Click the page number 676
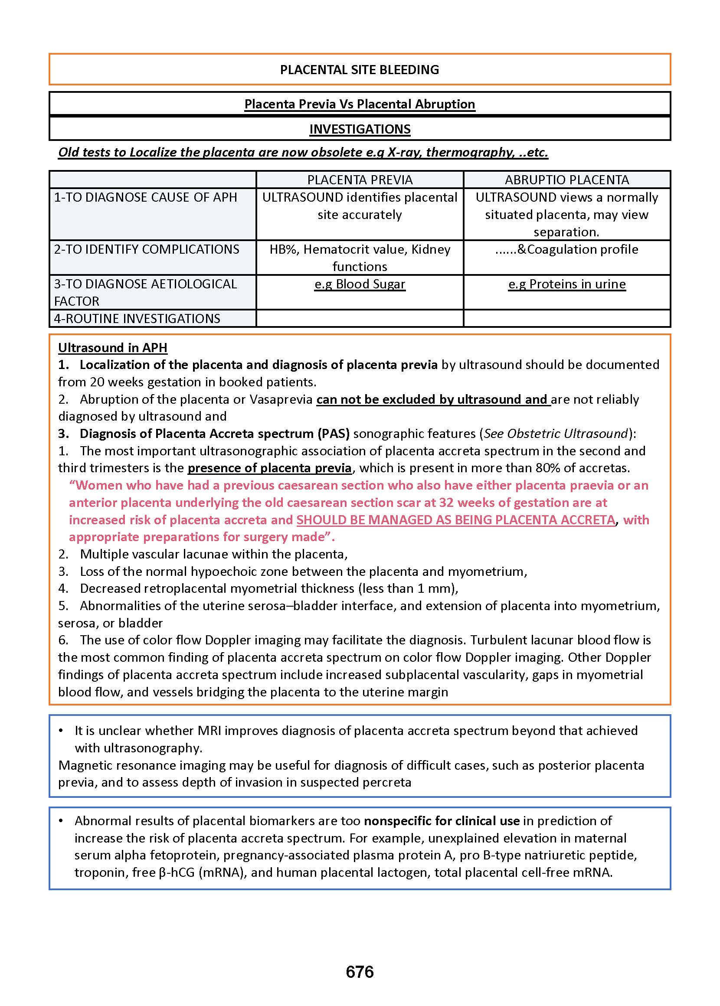click(360, 972)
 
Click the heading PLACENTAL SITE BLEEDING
click(360, 69)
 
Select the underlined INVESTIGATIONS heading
click(360, 129)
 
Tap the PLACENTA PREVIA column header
click(360, 180)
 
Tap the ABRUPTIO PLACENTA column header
click(566, 180)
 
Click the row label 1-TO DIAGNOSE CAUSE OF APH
click(145, 197)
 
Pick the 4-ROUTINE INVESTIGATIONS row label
click(137, 318)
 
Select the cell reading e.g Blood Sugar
click(360, 284)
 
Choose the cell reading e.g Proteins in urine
click(566, 284)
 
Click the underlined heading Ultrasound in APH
click(113, 347)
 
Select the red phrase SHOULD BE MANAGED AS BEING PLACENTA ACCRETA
click(456, 519)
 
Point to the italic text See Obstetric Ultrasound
click(556, 434)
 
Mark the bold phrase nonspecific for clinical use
click(442, 821)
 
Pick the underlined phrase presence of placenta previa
click(269, 468)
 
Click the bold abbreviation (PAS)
click(332, 434)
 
